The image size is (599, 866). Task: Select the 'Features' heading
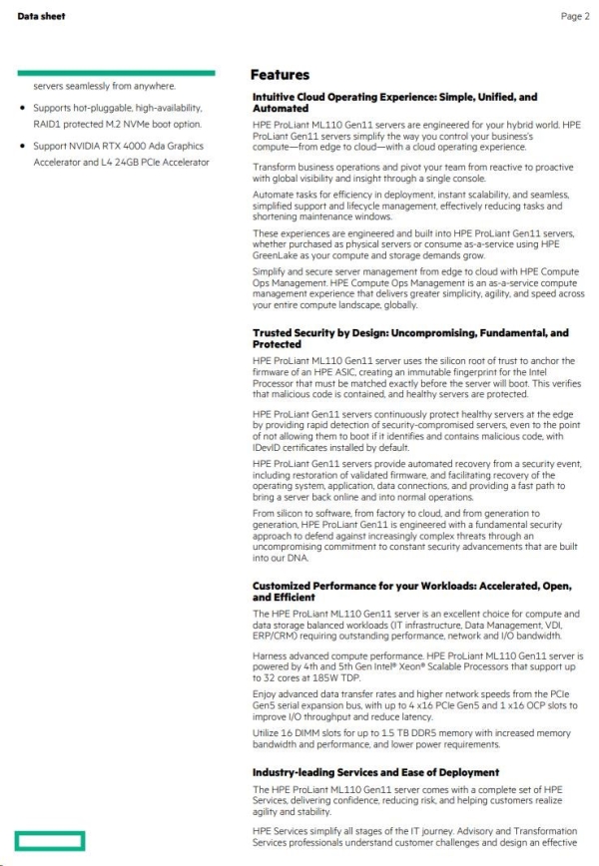[281, 75]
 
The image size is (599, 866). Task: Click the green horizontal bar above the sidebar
[115, 72]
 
